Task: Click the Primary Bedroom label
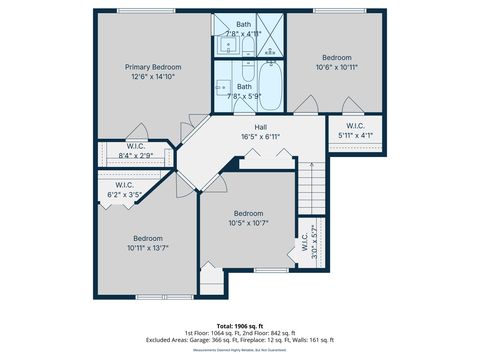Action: (x=153, y=67)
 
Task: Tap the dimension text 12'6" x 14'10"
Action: (x=153, y=77)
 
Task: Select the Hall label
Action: (x=260, y=127)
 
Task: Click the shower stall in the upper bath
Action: (x=269, y=30)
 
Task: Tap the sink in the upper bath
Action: (x=221, y=46)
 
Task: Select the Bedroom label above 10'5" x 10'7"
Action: (x=248, y=213)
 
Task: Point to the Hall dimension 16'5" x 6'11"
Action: (x=260, y=137)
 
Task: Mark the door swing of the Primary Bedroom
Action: (x=141, y=131)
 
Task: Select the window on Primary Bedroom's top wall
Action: (x=136, y=11)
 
